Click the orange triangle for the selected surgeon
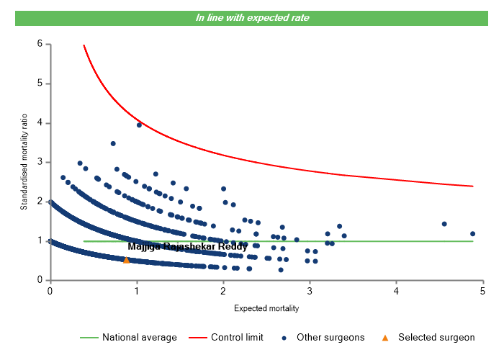pos(127,260)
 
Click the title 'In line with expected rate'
pos(252,17)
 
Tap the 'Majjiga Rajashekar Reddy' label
pos(187,247)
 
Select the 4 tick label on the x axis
pos(397,291)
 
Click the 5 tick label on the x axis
pos(483,291)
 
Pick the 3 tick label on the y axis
pos(39,162)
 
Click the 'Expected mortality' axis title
pos(266,308)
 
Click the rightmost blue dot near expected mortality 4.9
pos(473,233)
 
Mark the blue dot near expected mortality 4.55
pos(444,224)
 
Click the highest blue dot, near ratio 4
pos(139,125)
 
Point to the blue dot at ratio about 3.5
pos(113,143)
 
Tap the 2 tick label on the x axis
pos(223,291)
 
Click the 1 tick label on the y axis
pos(39,240)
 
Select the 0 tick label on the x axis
pos(50,291)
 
